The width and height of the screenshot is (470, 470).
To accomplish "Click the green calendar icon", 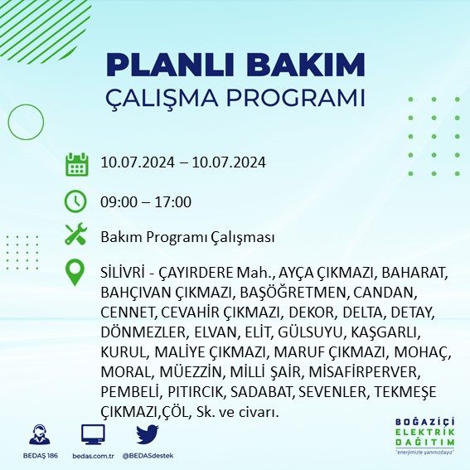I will click(76, 164).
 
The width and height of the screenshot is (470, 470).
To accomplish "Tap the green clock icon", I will click(76, 201).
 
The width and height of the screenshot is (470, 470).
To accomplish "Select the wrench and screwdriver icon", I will click(76, 237).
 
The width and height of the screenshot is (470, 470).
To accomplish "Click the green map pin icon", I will click(76, 274).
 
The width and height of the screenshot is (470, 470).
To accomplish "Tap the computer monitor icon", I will click(93, 435).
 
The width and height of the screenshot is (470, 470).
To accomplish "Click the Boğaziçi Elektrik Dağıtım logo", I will click(425, 435).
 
